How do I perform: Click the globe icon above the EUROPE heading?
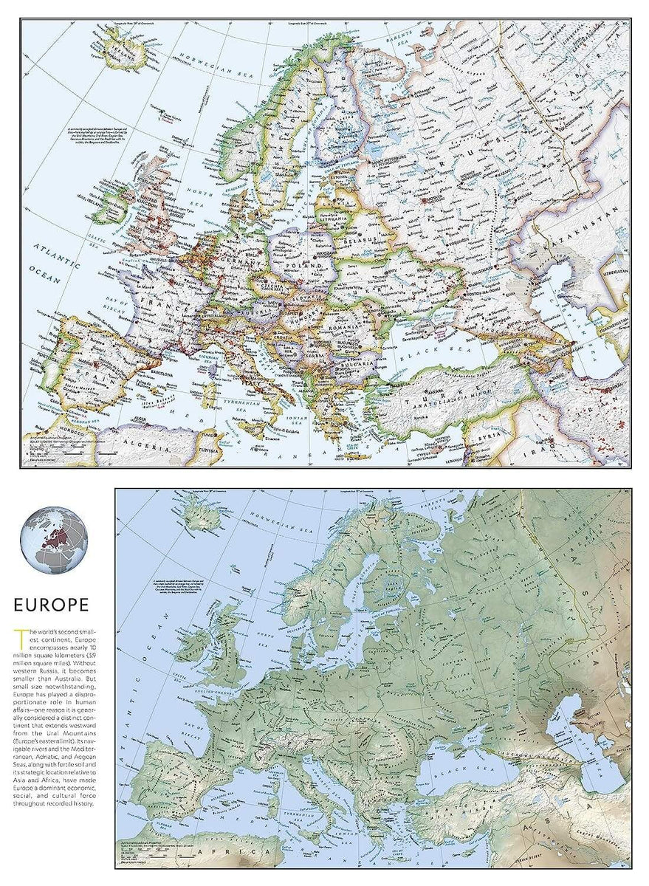pyautogui.click(x=54, y=540)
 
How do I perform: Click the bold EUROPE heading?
pyautogui.click(x=52, y=605)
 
